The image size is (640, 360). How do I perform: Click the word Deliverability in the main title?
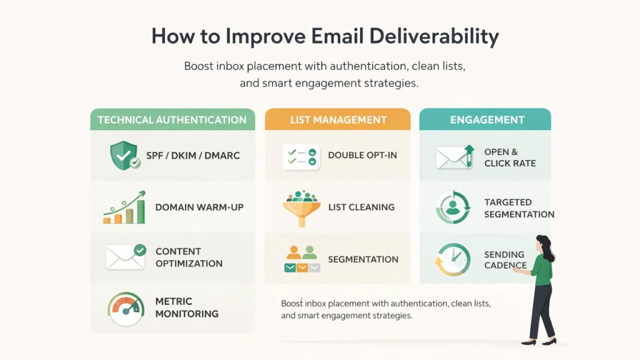tap(434, 36)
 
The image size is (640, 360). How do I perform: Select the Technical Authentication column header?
tap(172, 120)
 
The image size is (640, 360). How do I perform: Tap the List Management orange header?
tap(338, 120)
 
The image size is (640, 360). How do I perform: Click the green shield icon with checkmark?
tap(123, 155)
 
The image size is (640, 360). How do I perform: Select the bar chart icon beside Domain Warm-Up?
tap(124, 207)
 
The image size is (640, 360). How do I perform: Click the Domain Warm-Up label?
tap(199, 207)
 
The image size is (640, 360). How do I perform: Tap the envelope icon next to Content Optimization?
tap(126, 256)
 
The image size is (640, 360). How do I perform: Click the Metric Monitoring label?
tap(187, 307)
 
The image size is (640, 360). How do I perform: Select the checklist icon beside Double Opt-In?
tap(301, 156)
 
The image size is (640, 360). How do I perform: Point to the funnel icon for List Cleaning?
tap(301, 207)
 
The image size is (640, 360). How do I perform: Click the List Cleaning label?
tap(361, 207)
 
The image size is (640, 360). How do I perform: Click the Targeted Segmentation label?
tap(519, 208)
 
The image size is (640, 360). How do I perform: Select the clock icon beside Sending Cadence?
tap(453, 259)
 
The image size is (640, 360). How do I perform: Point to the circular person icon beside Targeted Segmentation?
tap(453, 208)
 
